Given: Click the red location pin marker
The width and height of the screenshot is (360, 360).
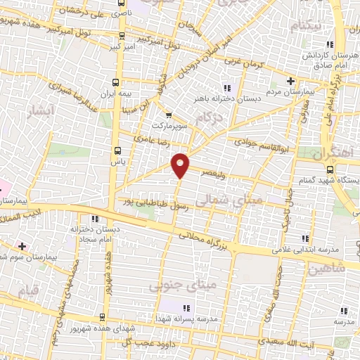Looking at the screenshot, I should pyautogui.click(x=181, y=165).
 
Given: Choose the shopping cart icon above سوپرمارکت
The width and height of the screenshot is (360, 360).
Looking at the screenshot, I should pyautogui.click(x=168, y=116).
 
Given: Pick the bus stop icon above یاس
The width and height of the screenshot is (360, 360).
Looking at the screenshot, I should pyautogui.click(x=117, y=150).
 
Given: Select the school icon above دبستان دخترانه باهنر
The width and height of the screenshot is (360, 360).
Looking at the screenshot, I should pyautogui.click(x=226, y=88).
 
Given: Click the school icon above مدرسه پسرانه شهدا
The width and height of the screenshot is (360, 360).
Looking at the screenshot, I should pyautogui.click(x=187, y=308).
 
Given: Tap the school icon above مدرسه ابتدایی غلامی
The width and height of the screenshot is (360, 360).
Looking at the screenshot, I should pyautogui.click(x=304, y=239).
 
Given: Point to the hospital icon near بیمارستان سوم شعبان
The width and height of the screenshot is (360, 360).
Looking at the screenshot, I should pyautogui.click(x=22, y=246).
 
